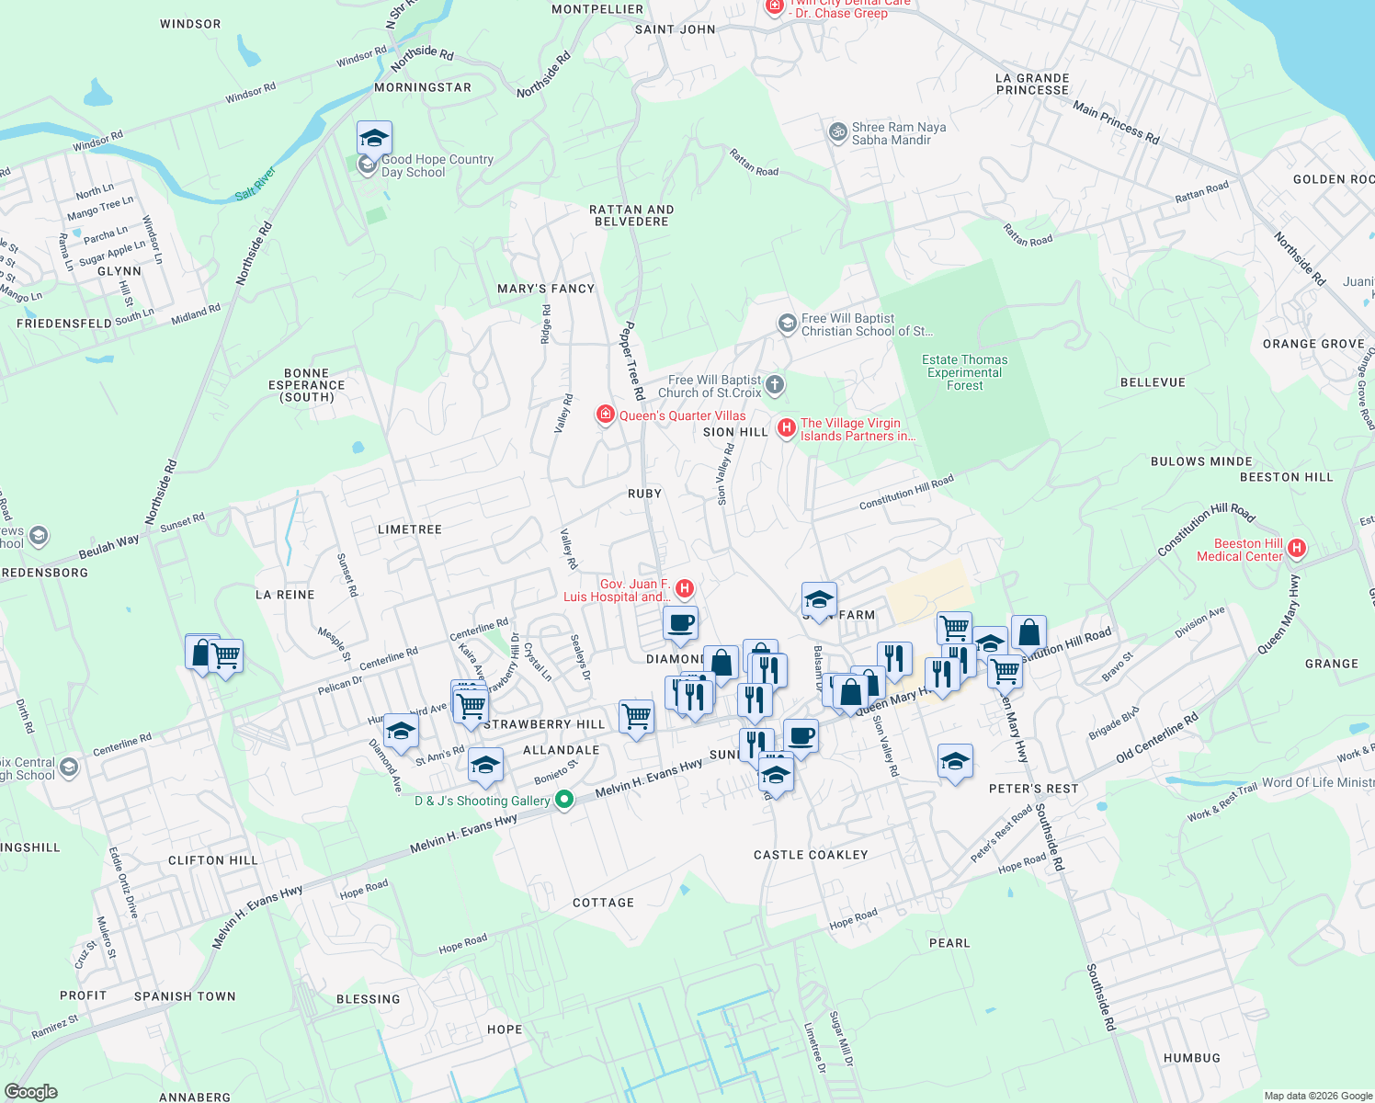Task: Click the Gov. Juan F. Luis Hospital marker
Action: coord(684,588)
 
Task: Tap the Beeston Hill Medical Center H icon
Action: coord(1297,549)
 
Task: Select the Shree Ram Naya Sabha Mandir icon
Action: coord(837,132)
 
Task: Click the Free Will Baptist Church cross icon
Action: coord(775,385)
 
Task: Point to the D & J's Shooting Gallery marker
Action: coord(565,801)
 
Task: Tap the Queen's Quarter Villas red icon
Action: coord(605,415)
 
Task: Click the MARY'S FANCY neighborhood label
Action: coord(546,289)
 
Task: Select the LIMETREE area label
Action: coord(410,529)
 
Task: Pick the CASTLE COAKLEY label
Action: coord(811,855)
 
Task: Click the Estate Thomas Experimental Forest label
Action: coord(965,372)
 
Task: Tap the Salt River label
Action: coord(256,183)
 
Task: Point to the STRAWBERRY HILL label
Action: coord(544,724)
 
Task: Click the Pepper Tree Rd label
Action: coord(632,359)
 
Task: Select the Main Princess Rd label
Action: coord(1116,122)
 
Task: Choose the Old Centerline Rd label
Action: coord(1156,737)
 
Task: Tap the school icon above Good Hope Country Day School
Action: coord(374,138)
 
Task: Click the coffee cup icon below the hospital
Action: coord(680,622)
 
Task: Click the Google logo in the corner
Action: coord(31,1092)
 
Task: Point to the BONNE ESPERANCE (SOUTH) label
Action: coord(307,385)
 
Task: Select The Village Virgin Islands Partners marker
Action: coord(787,427)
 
